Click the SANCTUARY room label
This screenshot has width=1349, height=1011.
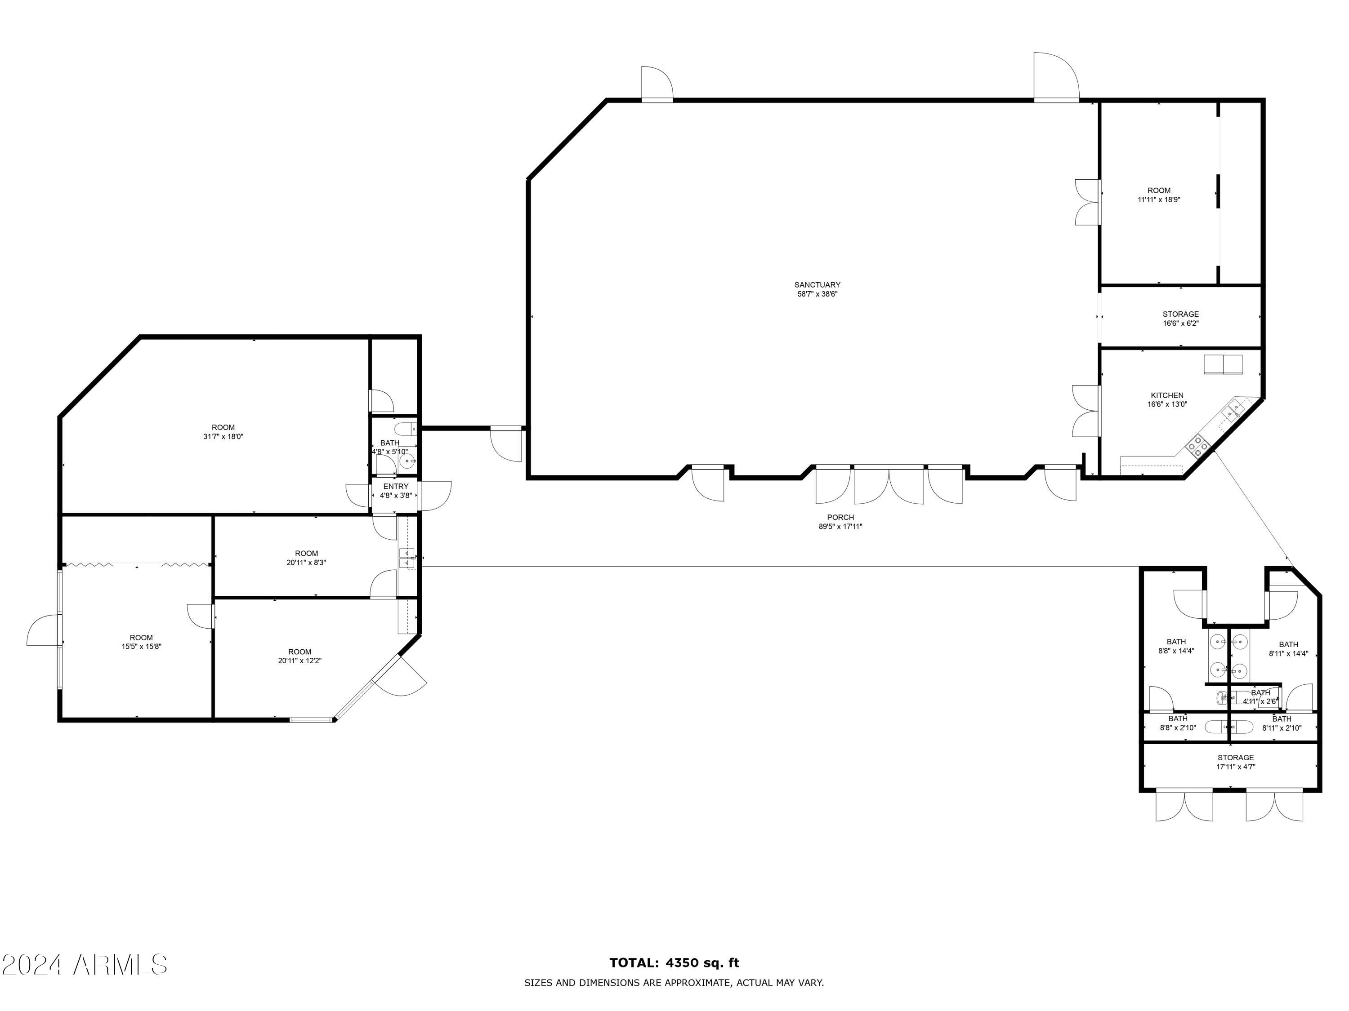pos(817,284)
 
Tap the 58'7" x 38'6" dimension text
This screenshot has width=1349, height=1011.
pos(817,294)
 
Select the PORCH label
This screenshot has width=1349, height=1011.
pos(840,517)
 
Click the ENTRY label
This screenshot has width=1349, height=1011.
pos(396,486)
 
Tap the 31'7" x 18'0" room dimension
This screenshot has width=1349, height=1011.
pos(223,436)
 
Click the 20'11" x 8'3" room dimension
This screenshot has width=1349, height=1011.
pos(306,563)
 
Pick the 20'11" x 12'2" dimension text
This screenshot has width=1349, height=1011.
pos(299,661)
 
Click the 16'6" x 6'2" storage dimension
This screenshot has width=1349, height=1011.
pos(1181,324)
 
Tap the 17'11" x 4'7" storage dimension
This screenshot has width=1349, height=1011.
pos(1236,767)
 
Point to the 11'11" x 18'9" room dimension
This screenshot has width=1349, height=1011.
pos(1159,199)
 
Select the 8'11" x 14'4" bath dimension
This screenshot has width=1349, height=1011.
pos(1288,654)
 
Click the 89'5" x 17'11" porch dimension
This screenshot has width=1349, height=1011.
pos(840,527)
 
